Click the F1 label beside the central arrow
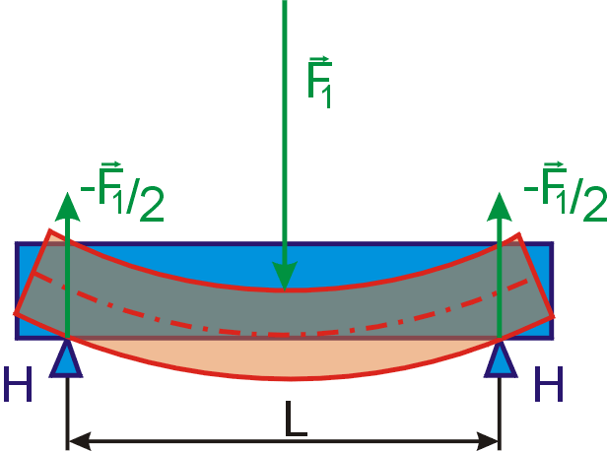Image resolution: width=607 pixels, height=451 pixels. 319,82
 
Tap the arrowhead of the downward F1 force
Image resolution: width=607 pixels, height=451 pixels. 285,276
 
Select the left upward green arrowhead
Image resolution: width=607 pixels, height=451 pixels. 67,207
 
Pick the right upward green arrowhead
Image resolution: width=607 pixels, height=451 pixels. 500,207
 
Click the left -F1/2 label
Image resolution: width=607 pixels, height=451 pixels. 122,192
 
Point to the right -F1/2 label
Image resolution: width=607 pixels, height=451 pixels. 566,192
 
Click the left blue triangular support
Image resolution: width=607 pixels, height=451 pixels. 66,360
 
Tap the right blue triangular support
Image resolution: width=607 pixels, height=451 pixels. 501,360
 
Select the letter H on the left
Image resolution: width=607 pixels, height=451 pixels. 18,384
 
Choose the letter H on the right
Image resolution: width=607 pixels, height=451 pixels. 549,384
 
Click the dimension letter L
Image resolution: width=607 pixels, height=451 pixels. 296,419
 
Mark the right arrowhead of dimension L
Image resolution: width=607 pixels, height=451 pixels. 488,441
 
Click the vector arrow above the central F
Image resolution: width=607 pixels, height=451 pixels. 319,59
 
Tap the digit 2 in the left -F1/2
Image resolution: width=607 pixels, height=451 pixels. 152,204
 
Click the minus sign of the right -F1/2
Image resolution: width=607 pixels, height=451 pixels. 530,189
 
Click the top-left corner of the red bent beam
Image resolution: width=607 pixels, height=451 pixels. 49,230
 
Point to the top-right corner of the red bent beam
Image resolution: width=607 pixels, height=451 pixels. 518,233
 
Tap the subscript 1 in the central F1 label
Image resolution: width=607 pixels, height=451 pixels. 327,97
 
